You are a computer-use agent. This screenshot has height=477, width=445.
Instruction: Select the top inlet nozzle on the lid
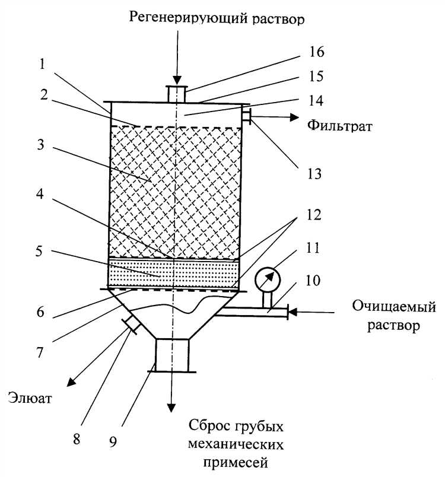(x=176, y=94)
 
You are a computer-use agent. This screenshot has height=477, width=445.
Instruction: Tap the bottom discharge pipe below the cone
(x=172, y=355)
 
